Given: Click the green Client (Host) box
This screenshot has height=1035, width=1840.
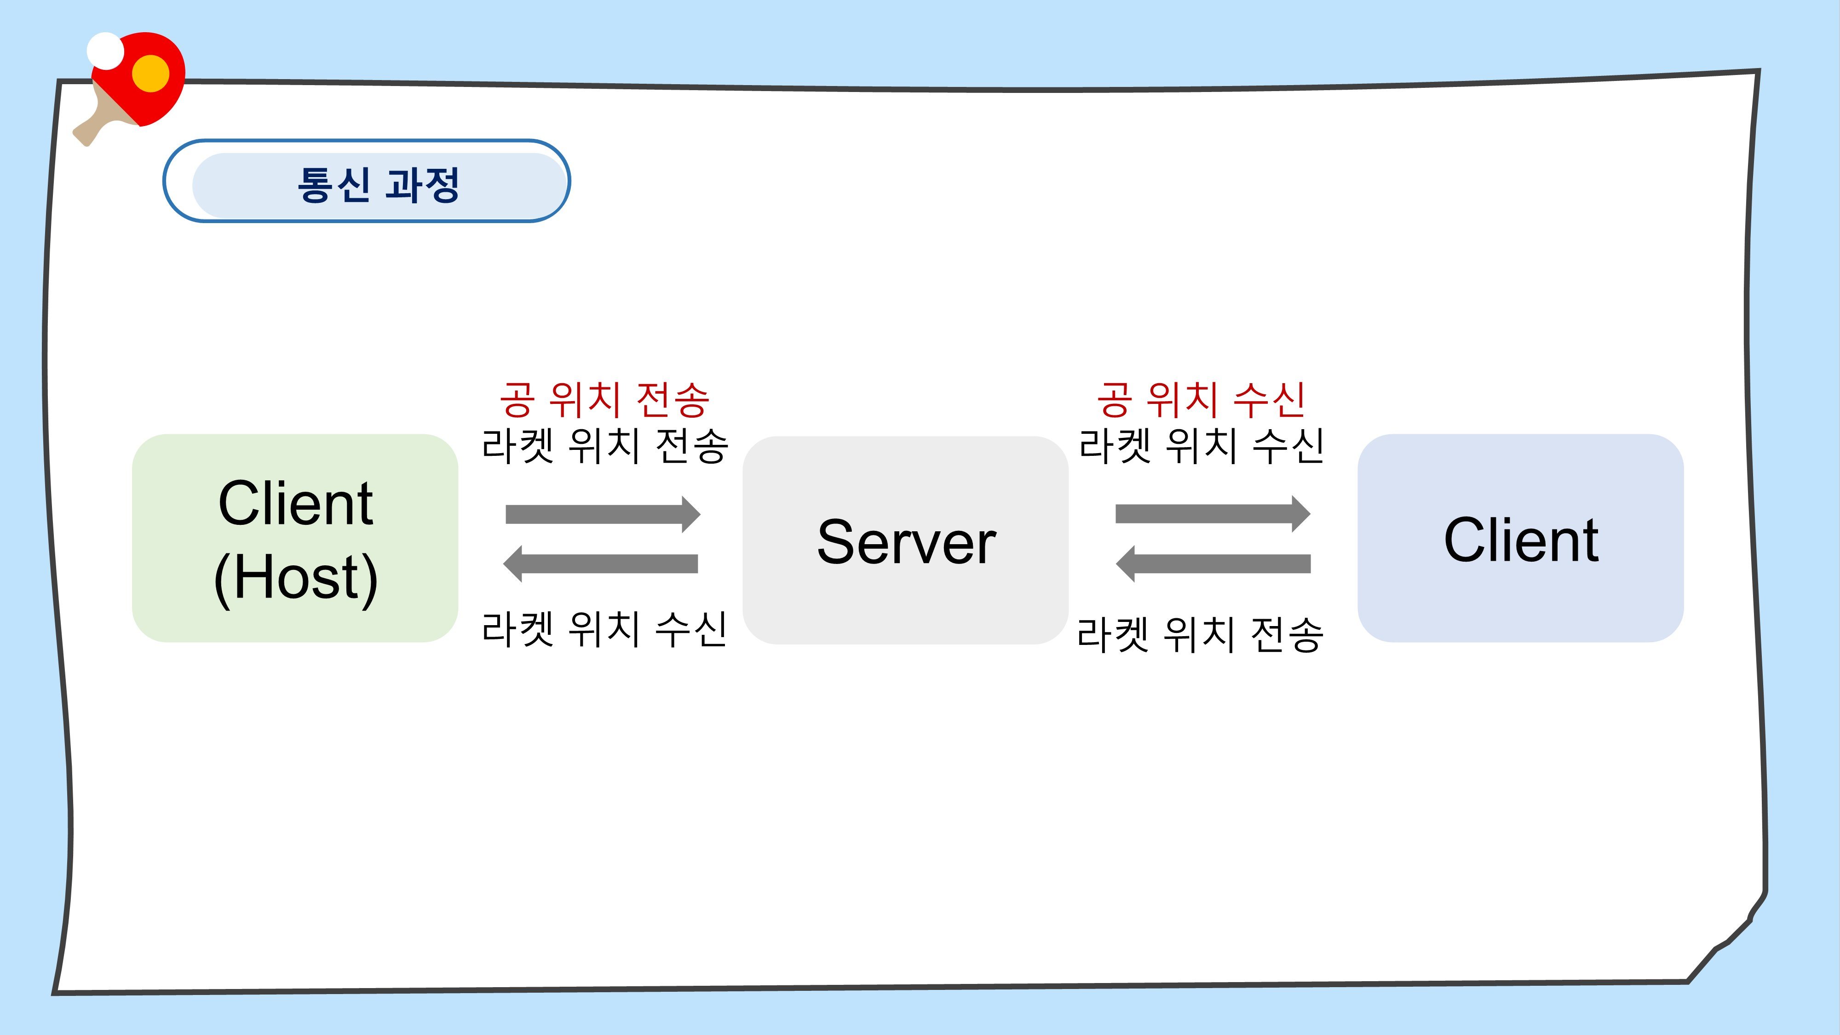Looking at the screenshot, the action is [x=295, y=538].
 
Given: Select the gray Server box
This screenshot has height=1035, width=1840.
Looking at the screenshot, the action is [x=906, y=540].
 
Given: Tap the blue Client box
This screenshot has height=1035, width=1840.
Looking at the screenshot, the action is [x=1521, y=538].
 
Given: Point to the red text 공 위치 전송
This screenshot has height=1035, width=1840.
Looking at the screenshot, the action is [x=604, y=399].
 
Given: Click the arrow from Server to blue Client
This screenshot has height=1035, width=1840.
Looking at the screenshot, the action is [x=1213, y=513].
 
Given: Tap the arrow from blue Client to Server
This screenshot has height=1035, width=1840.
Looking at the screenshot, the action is [x=1213, y=563].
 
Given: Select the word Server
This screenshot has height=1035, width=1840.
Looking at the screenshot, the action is [x=906, y=542].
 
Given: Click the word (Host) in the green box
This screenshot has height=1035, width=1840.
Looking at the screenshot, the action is [x=295, y=578].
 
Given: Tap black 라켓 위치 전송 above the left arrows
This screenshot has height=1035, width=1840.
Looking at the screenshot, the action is [x=605, y=446].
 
